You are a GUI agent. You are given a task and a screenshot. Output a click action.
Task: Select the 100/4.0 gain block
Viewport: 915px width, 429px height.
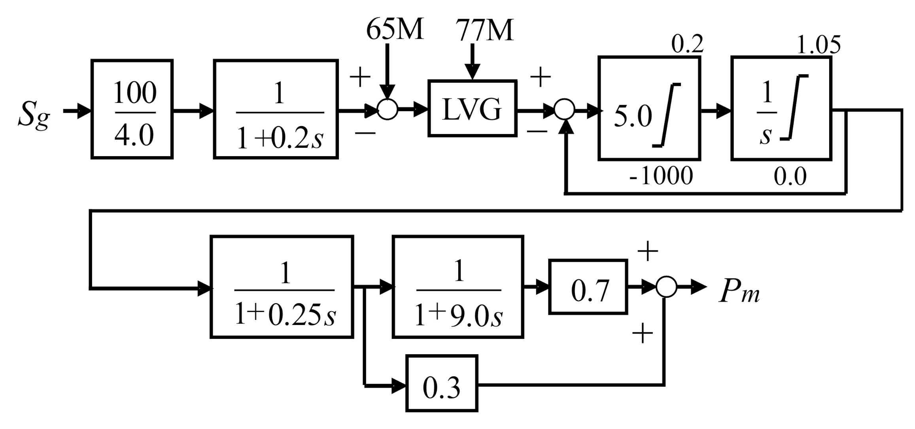coord(132,110)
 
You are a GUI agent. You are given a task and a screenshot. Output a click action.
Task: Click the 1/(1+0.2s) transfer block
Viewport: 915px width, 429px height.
coord(276,110)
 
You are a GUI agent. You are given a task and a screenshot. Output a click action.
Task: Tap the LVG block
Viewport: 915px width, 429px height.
coord(472,108)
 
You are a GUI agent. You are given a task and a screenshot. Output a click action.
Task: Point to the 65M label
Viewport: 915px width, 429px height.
coord(395,30)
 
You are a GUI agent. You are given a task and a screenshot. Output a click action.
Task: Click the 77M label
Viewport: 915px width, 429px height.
coord(484,30)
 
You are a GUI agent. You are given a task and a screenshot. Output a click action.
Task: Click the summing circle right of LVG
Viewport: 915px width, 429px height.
coord(564,110)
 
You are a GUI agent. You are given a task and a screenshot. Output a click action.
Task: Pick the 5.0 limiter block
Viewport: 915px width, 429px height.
coord(649,109)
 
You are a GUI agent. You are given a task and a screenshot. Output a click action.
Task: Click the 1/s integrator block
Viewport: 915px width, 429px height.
coord(781,109)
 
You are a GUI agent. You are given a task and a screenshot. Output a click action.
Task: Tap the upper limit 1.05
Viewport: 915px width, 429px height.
coord(819,45)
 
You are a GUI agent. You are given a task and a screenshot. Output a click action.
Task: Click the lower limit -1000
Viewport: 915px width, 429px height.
coord(661,176)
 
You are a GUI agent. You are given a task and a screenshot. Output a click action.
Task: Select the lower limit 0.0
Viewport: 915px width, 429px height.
coord(790,177)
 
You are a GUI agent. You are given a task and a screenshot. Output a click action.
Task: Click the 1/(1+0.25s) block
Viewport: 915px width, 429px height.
coord(282,287)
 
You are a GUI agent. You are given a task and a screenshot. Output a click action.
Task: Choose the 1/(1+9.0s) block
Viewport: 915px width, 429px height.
coord(458,287)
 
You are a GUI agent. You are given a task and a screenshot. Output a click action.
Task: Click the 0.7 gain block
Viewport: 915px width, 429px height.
coord(588,287)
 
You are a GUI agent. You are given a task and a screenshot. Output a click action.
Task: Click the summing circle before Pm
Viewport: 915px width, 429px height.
coord(666,287)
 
